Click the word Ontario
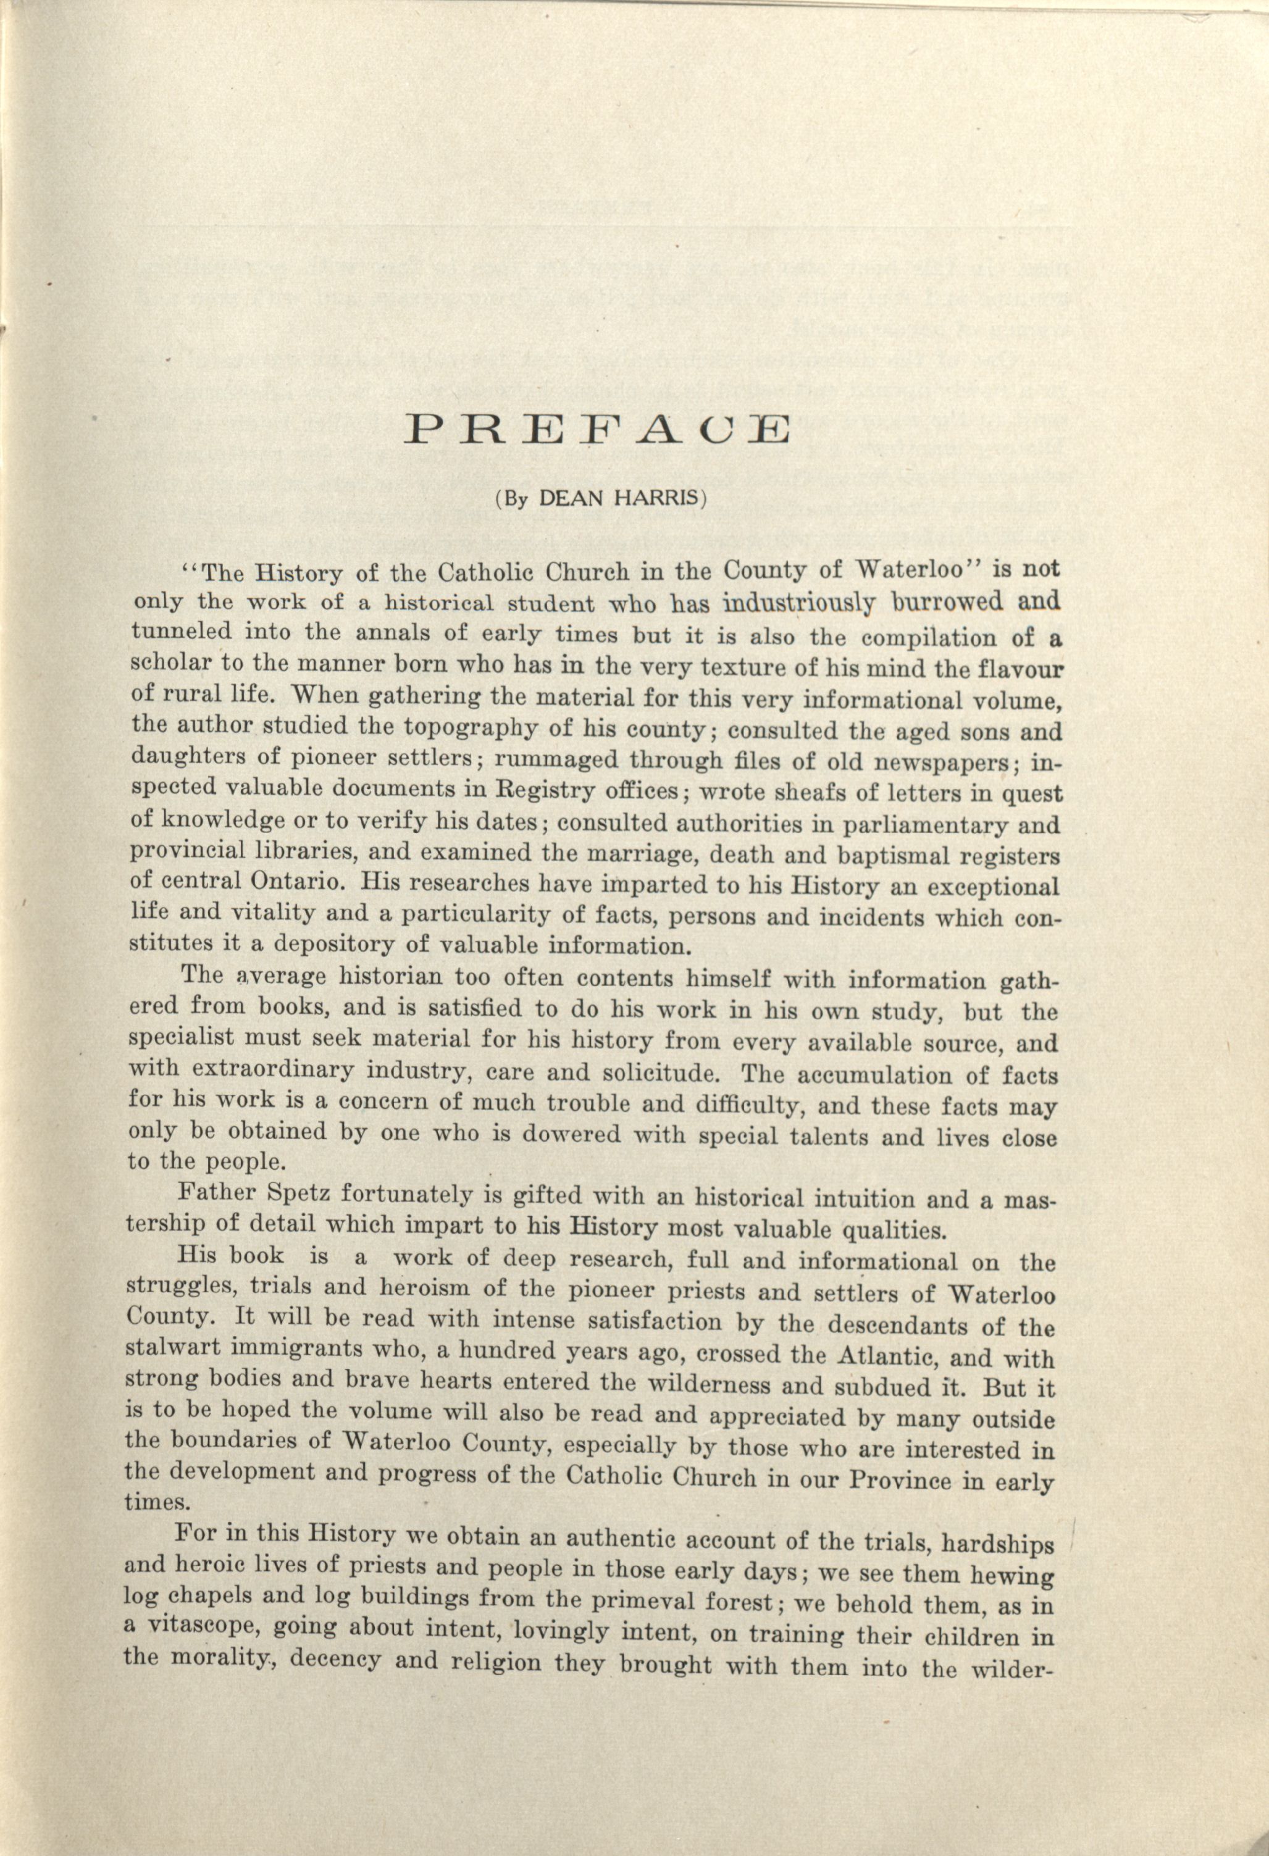click(x=299, y=882)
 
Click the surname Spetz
click(x=296, y=1195)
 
